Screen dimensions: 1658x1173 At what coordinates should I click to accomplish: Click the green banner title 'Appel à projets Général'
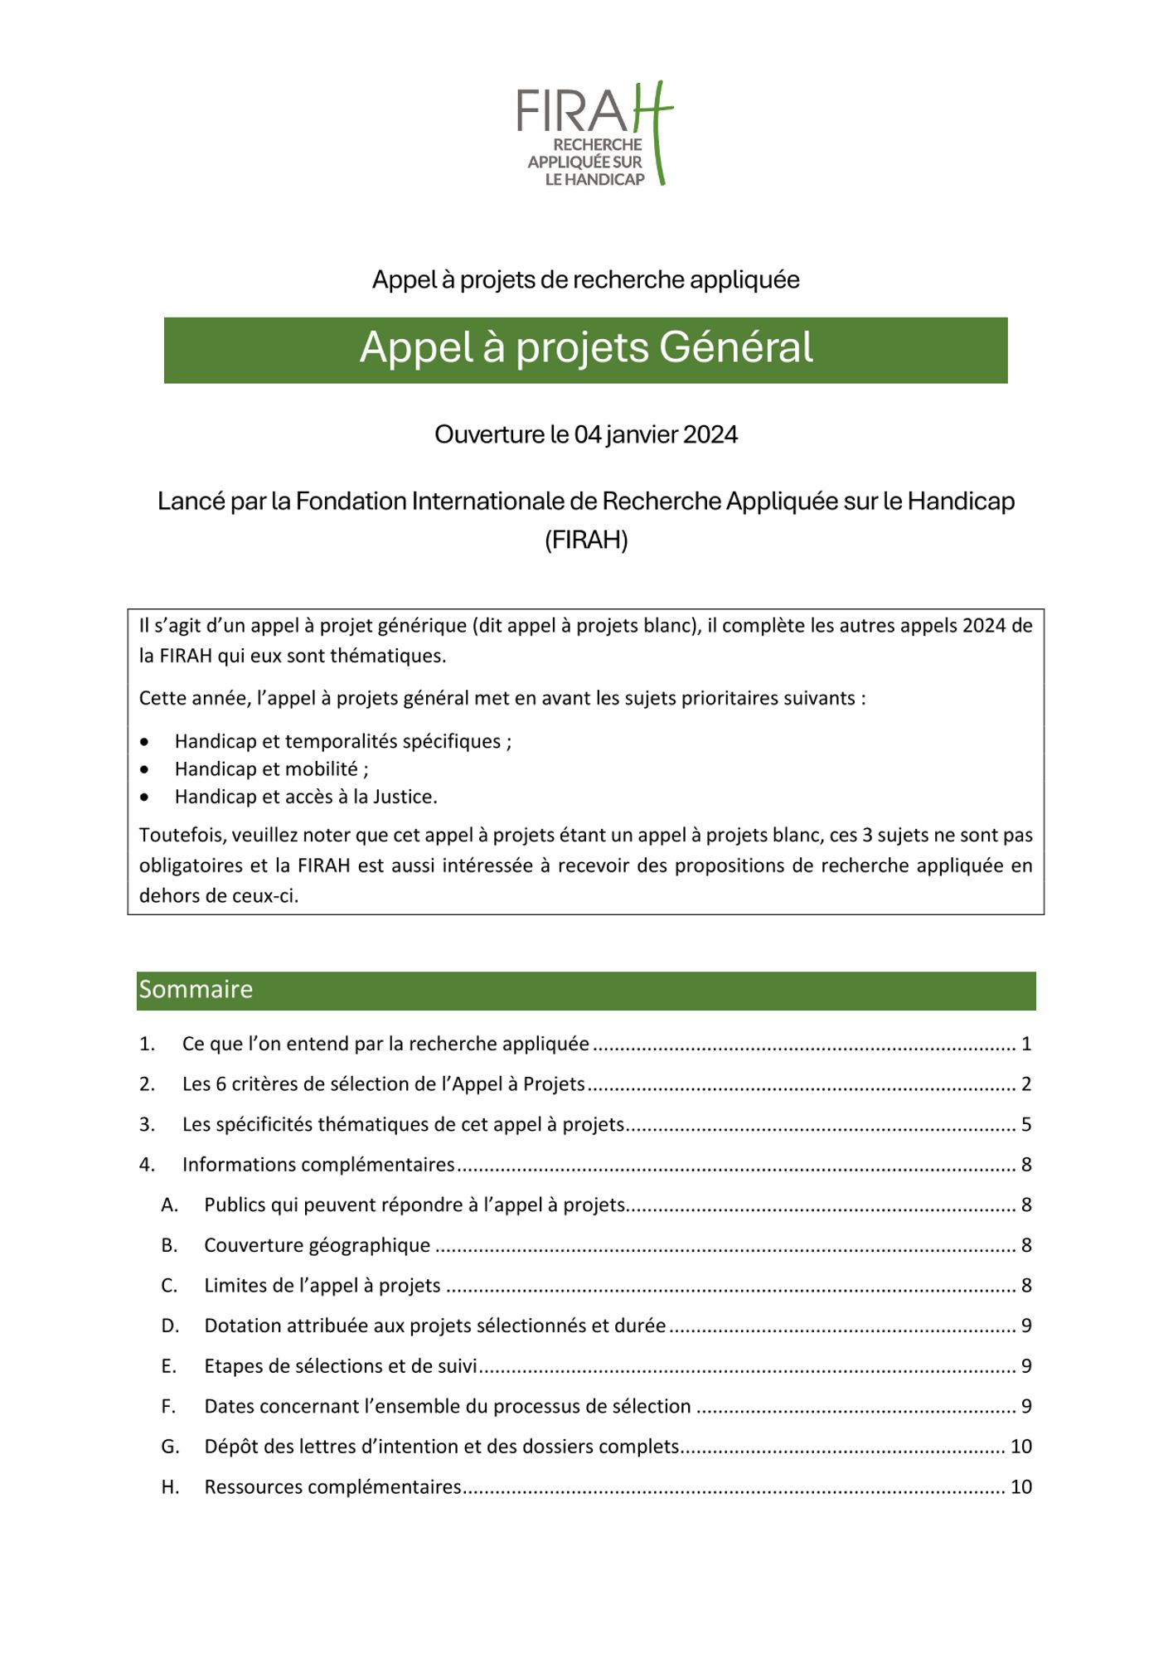click(586, 348)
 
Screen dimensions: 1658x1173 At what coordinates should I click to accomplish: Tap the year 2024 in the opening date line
click(711, 435)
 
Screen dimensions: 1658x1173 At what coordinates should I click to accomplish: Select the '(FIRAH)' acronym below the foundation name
click(586, 541)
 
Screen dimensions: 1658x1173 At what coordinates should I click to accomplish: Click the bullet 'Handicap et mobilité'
click(266, 769)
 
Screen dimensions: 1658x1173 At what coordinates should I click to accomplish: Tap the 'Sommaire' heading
click(196, 990)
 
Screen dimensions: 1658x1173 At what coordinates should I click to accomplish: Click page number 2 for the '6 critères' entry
click(1026, 1084)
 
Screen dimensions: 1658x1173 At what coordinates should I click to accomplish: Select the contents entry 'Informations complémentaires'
click(318, 1165)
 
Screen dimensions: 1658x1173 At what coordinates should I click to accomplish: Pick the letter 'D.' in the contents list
click(170, 1326)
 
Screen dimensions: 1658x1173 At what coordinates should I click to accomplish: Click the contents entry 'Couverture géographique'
click(317, 1246)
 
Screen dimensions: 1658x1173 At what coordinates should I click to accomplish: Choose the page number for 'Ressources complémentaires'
click(1021, 1487)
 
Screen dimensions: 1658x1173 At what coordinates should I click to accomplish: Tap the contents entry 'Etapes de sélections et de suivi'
click(341, 1366)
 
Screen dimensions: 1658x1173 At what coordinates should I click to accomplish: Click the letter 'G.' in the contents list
click(170, 1447)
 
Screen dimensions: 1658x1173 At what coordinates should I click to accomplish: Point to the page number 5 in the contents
click(1026, 1125)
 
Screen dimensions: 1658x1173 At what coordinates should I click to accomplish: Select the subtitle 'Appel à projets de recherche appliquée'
click(586, 280)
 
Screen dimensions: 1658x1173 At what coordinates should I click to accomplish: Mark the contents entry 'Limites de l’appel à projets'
click(322, 1286)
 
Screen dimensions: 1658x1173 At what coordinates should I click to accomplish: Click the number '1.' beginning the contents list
click(147, 1045)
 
